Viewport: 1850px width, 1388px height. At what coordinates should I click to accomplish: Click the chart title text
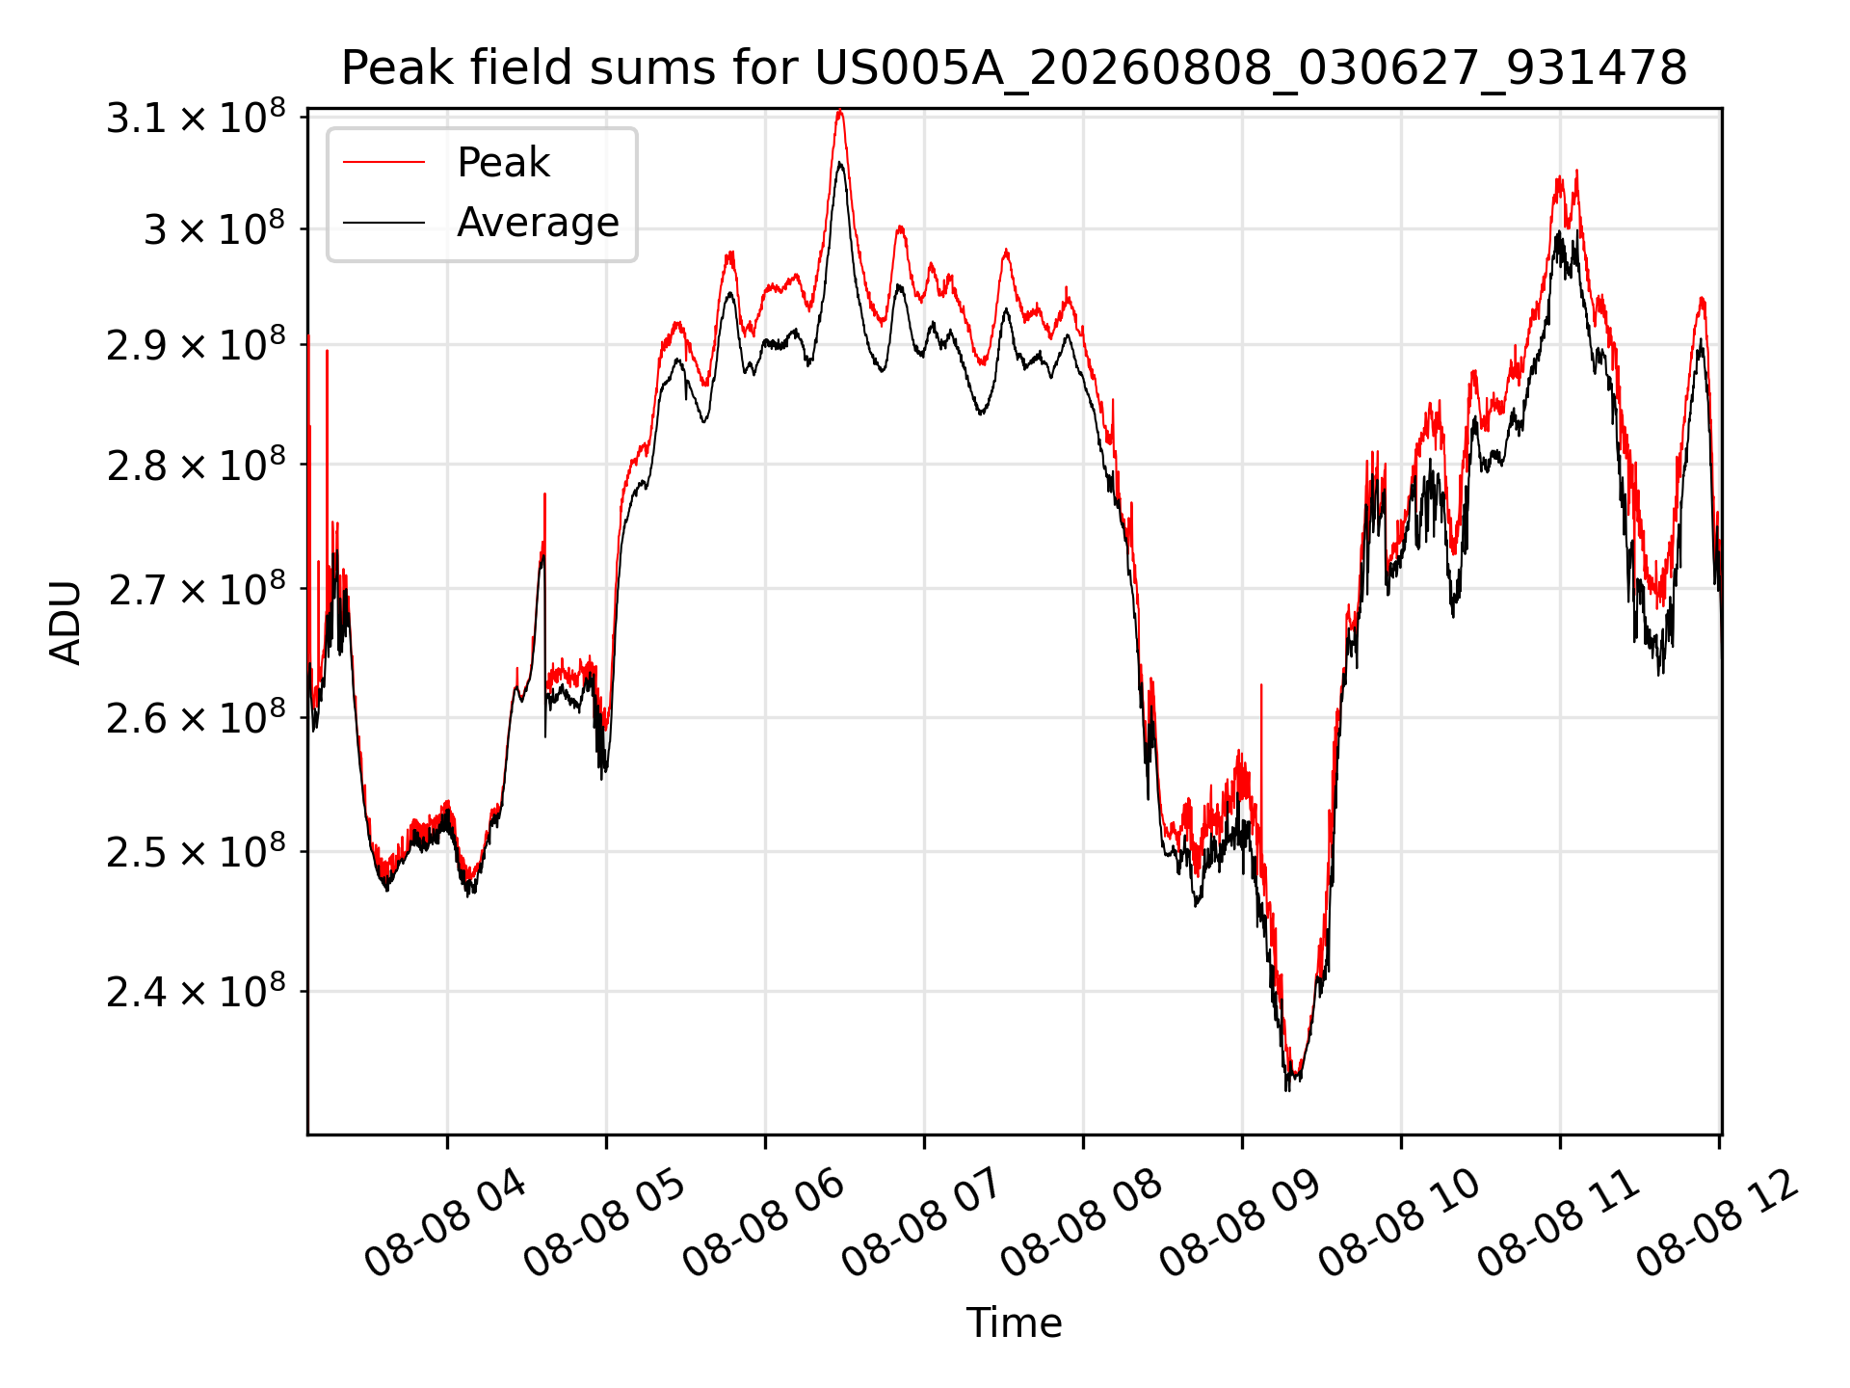click(x=1014, y=68)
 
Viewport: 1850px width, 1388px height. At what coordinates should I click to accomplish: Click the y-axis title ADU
click(x=66, y=622)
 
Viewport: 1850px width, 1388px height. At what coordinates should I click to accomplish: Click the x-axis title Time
click(x=1014, y=1322)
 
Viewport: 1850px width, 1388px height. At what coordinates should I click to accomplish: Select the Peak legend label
click(x=503, y=163)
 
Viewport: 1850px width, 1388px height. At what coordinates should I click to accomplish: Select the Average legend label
click(x=538, y=223)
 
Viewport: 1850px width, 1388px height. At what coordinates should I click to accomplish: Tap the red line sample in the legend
click(x=383, y=163)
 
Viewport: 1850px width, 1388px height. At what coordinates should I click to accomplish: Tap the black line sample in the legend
click(x=383, y=223)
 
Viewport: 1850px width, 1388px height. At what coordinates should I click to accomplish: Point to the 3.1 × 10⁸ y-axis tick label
click(x=196, y=117)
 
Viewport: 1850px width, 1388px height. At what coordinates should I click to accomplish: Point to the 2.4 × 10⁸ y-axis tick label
click(x=196, y=990)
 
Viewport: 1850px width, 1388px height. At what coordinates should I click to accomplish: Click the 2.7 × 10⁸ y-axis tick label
click(x=196, y=588)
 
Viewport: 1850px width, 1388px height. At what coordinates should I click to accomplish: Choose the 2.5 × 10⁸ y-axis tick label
click(x=196, y=851)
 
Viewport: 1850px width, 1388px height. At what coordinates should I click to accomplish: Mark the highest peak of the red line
click(x=840, y=111)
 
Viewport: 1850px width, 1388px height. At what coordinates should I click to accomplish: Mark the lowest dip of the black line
click(x=1287, y=1089)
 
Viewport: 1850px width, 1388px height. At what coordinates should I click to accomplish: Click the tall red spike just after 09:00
click(x=1261, y=686)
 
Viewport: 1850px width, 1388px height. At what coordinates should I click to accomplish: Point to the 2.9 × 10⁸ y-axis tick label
click(x=196, y=344)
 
